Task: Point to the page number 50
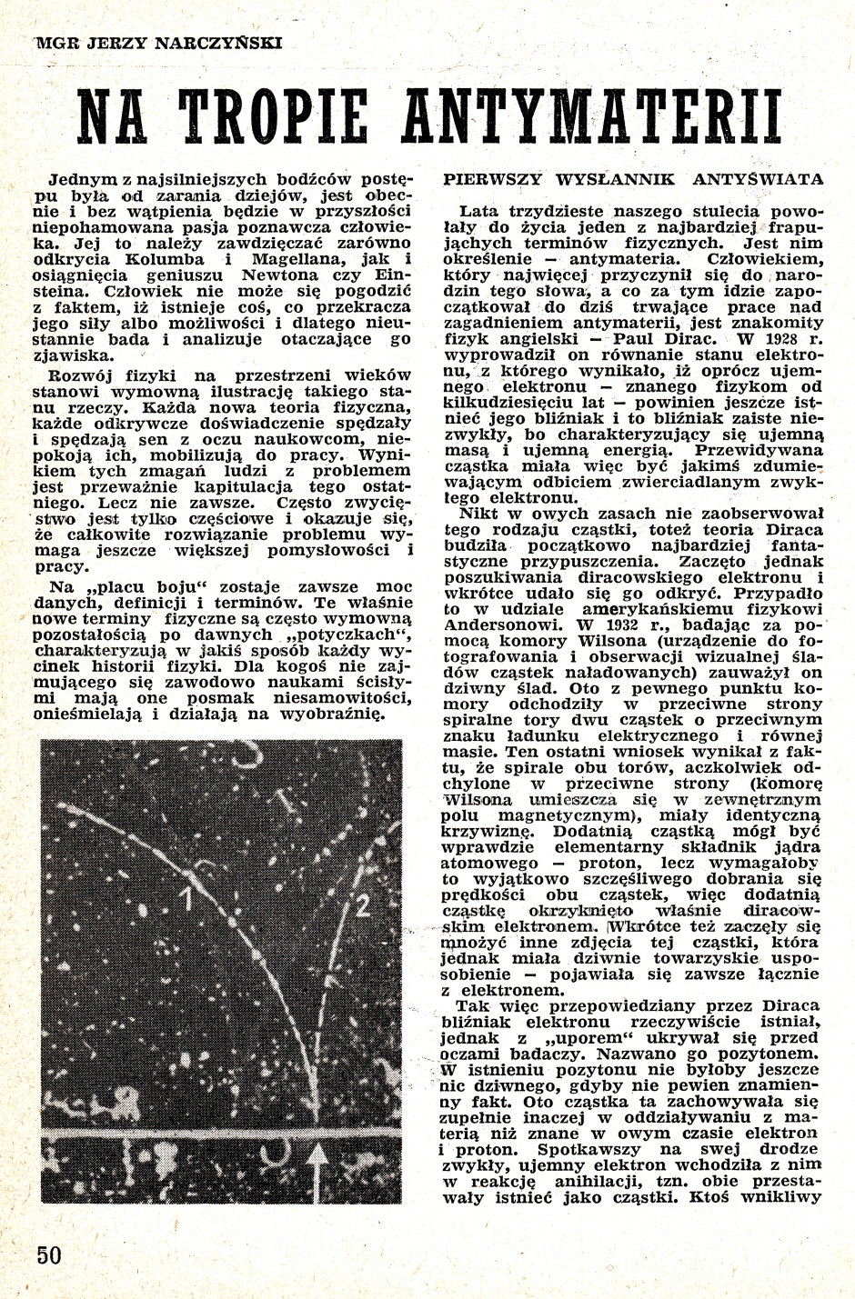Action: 49,1254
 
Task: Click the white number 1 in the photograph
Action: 186,899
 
